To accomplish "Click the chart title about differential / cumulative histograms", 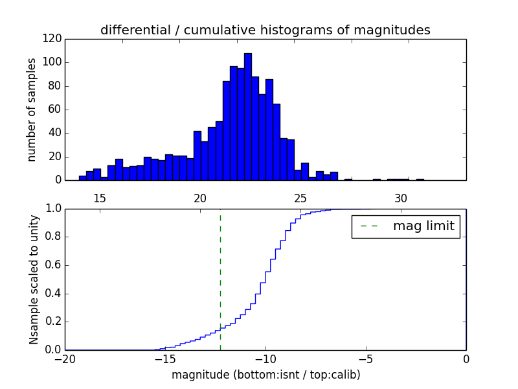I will [265, 30].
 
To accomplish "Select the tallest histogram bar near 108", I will [247, 117].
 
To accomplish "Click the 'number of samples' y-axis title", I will [32, 109].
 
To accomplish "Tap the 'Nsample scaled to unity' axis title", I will [34, 279].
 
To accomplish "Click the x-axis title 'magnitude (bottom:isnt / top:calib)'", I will [265, 375].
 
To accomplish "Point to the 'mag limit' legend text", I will [423, 226].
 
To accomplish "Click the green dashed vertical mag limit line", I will [220, 279].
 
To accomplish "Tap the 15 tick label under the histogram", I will [100, 198].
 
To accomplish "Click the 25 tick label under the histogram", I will [300, 198].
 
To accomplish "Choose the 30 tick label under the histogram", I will [401, 198].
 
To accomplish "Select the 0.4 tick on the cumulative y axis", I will [52, 294].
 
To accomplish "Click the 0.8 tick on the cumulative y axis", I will [52, 237].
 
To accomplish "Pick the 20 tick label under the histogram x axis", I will [200, 198].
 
